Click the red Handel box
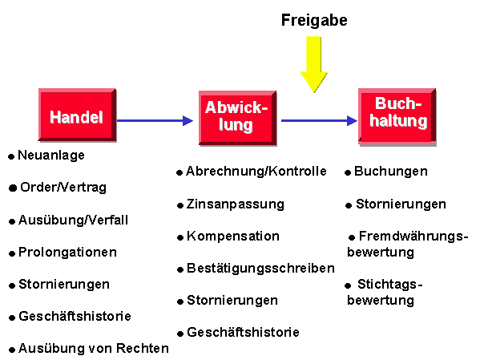(77, 115)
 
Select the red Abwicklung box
(237, 118)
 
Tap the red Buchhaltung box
(397, 116)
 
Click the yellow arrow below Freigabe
(314, 64)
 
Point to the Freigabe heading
(314, 21)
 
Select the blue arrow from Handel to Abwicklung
(155, 121)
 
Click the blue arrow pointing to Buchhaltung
(319, 121)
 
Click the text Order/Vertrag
(63, 187)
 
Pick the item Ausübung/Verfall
(73, 220)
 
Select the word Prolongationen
(67, 252)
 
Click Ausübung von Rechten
(94, 348)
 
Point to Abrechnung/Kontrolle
(256, 172)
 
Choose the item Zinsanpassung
(236, 204)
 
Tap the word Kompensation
(233, 237)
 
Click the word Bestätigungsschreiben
(260, 269)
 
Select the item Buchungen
(391, 172)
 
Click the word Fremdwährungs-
(413, 237)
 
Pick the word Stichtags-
(390, 285)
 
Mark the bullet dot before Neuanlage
(11, 156)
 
